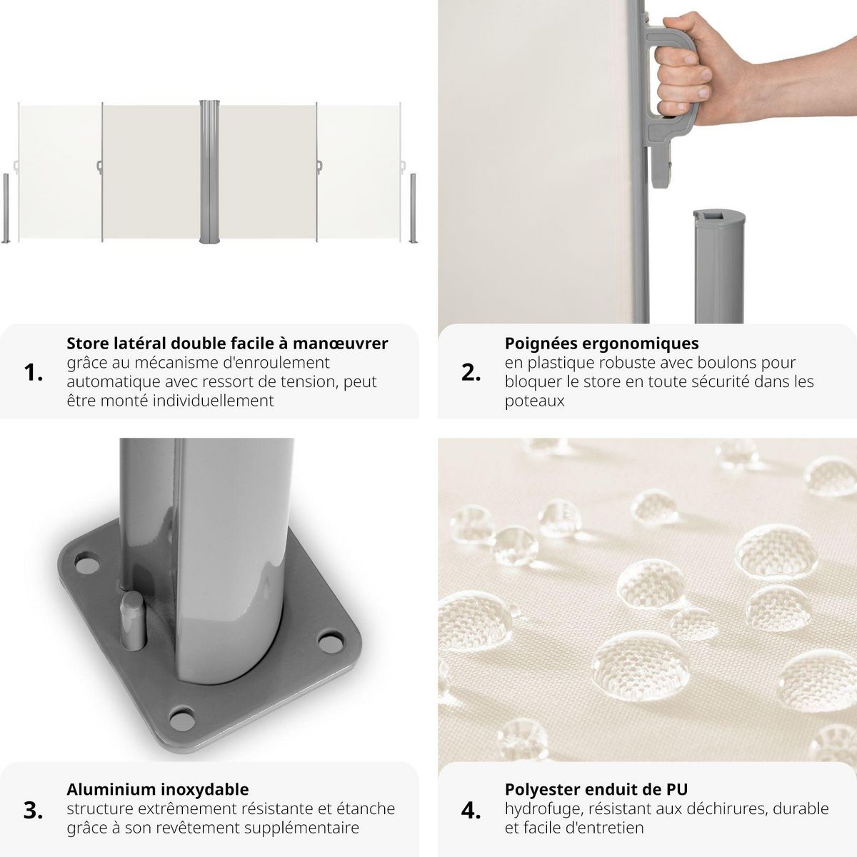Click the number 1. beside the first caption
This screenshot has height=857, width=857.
click(x=34, y=372)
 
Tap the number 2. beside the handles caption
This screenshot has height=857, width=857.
click(x=471, y=372)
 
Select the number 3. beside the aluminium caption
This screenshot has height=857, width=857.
click(x=34, y=810)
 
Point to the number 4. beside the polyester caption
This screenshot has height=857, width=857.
click(x=471, y=810)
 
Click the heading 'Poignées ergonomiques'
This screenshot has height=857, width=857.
click(x=601, y=344)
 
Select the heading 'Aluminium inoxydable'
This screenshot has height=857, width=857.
click(x=158, y=789)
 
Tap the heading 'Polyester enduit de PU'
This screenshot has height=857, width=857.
click(x=596, y=789)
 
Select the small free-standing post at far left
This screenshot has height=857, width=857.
click(x=6, y=208)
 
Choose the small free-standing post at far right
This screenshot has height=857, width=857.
click(x=413, y=208)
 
